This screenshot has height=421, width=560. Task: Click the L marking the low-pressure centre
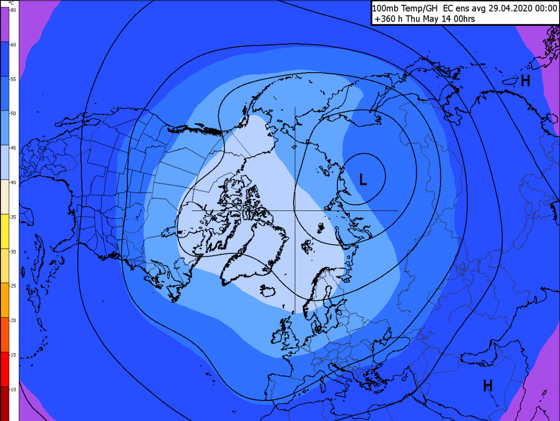(363, 179)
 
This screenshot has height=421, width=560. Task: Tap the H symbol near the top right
(525, 81)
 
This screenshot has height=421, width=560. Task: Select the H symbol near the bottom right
(488, 386)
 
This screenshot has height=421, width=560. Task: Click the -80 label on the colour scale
(13, 11)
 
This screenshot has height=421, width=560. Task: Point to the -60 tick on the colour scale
(13, 45)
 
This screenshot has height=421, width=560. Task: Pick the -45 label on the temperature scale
(13, 148)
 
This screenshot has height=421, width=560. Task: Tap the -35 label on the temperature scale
(13, 217)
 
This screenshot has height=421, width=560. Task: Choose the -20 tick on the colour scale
(13, 320)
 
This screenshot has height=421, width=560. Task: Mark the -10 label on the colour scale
(13, 389)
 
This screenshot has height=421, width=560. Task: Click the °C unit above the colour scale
(12, 3)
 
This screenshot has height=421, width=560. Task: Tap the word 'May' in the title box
(446, 19)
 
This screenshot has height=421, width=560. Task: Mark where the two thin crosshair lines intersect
(295, 210)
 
